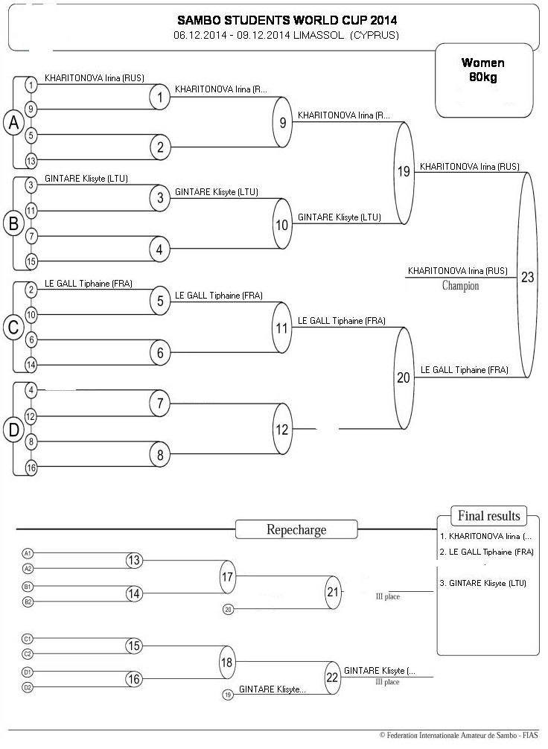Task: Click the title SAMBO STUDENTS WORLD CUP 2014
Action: (287, 20)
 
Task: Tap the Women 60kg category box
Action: (483, 80)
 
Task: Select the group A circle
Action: (14, 122)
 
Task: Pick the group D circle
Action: (14, 430)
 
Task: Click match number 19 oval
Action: (404, 173)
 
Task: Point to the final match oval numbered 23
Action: (527, 275)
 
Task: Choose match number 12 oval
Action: (282, 429)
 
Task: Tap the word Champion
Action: (460, 286)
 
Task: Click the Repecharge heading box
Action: (296, 530)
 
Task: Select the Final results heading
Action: (488, 516)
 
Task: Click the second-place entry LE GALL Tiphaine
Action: (486, 552)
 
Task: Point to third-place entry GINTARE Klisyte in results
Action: (482, 583)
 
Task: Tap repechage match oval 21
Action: (333, 593)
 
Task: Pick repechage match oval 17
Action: (227, 576)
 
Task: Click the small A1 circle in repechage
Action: (28, 553)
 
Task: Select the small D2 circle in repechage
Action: (28, 687)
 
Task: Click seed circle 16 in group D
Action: (31, 468)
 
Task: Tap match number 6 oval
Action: (160, 352)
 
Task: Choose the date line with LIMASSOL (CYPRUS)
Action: (286, 35)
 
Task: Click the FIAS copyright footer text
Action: (459, 735)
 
